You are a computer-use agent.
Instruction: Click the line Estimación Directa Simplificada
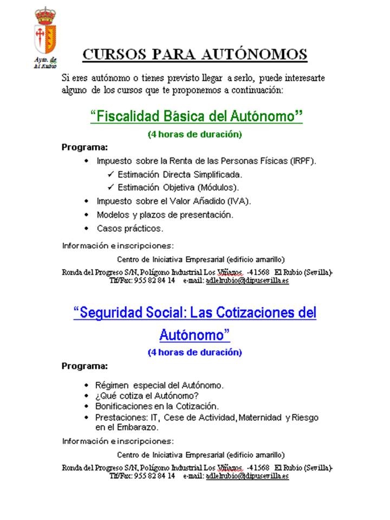[179, 174]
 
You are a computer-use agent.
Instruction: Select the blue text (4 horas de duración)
[194, 352]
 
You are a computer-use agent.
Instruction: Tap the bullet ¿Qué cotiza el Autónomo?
[140, 395]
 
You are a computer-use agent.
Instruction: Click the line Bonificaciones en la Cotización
[157, 406]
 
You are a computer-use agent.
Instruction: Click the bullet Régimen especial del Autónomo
[160, 385]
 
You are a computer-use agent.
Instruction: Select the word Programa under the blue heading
[84, 366]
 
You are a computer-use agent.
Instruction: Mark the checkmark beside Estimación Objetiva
[110, 187]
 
